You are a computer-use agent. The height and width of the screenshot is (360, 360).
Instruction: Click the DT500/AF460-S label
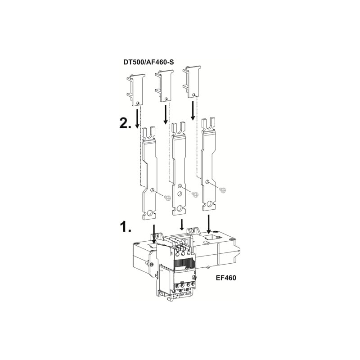coord(148,62)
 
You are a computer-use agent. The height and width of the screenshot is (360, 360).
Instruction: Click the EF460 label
coord(226,278)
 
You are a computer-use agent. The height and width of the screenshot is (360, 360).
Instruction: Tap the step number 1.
coord(126,227)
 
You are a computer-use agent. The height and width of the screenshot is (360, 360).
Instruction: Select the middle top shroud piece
coord(164,85)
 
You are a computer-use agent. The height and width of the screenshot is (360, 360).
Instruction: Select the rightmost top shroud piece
coord(192,82)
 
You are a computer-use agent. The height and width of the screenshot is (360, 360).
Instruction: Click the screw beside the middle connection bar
coord(195,194)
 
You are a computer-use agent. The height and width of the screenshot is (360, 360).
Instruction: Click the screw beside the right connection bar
coord(222,190)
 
